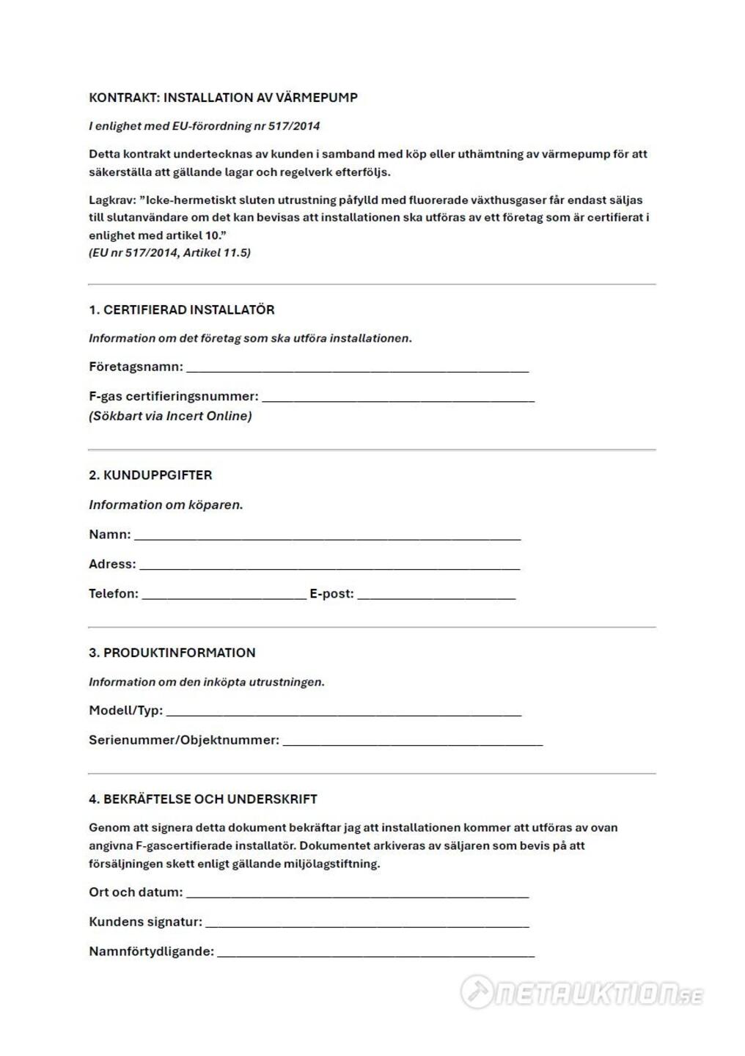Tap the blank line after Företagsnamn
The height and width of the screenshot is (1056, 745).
(357, 368)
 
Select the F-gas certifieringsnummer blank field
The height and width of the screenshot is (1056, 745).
(397, 397)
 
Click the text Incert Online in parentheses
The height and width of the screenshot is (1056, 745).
(208, 417)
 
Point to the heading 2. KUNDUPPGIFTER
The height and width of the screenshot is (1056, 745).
(150, 475)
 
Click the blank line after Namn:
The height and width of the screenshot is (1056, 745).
(327, 536)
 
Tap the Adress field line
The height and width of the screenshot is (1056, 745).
(329, 565)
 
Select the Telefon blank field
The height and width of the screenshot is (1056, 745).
(224, 595)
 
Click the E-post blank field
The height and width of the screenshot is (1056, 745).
(436, 595)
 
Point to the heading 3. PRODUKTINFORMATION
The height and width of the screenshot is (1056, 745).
(172, 653)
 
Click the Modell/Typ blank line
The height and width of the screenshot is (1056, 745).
(343, 711)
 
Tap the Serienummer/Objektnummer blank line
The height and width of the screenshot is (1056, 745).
(412, 741)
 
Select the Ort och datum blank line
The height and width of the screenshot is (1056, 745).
(357, 894)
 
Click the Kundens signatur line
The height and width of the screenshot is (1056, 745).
(367, 923)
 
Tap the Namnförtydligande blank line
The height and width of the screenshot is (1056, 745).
(375, 953)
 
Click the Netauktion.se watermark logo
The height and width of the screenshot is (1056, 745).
(581, 993)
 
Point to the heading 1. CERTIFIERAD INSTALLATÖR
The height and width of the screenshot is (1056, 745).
(182, 310)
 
